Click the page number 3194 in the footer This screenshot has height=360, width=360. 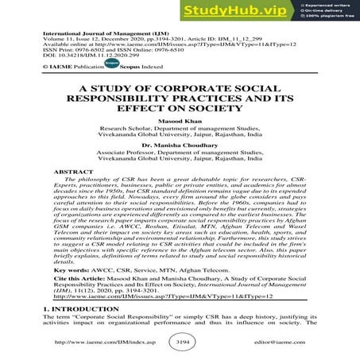[x=180, y=343]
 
